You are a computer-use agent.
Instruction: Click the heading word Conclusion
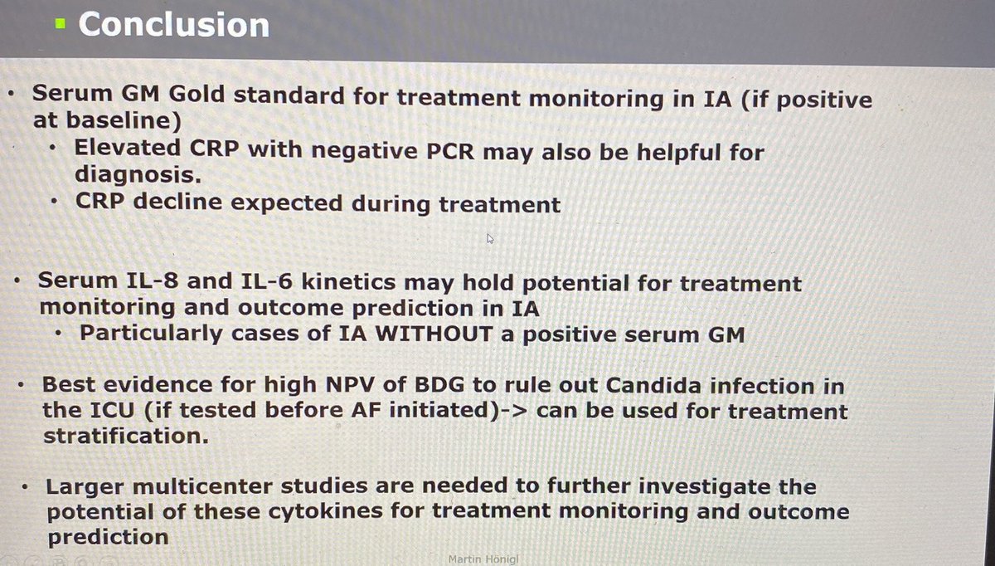click(174, 24)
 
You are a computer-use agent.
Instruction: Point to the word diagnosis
click(135, 177)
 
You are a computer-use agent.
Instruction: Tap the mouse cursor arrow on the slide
click(491, 239)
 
